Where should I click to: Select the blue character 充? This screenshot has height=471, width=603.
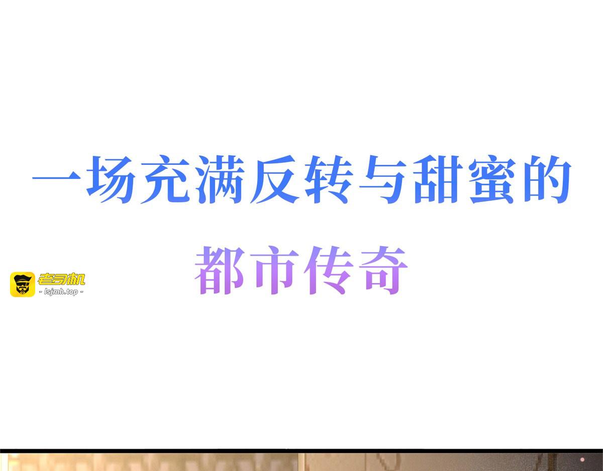[x=165, y=179]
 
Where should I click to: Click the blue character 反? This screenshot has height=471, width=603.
[x=275, y=179]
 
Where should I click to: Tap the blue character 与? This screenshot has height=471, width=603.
[x=383, y=179]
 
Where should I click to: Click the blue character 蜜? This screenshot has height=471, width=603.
[x=492, y=179]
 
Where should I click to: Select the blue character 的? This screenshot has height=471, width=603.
[x=547, y=179]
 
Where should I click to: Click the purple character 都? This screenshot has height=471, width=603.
[x=220, y=270]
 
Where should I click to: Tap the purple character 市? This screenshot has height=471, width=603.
[x=274, y=270]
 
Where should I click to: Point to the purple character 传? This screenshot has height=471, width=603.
[x=329, y=270]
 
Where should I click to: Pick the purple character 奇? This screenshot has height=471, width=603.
[x=383, y=270]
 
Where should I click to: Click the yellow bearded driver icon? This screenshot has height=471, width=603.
[x=23, y=285]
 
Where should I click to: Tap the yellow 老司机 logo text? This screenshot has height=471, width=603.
[x=61, y=279]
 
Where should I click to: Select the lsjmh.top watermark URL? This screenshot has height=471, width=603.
[x=61, y=292]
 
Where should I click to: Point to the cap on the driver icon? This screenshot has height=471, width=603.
[x=23, y=278]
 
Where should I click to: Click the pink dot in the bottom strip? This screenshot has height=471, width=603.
[x=582, y=460]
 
